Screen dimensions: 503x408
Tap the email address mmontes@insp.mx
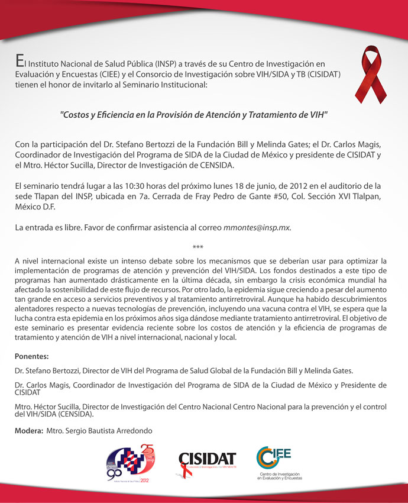(x=257, y=227)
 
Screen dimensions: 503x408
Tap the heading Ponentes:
(x=32, y=356)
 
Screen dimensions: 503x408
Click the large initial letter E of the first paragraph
(x=19, y=62)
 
